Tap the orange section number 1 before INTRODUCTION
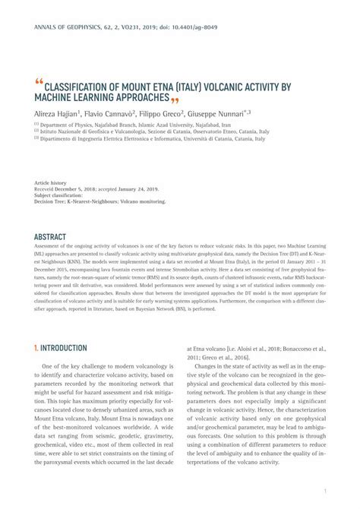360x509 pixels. tap(36, 348)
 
